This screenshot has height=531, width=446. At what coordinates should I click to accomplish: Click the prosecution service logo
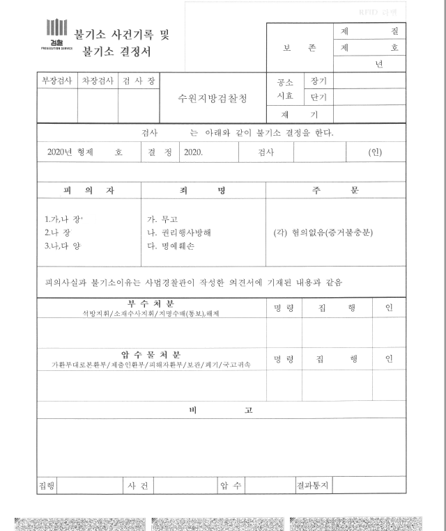click(x=56, y=34)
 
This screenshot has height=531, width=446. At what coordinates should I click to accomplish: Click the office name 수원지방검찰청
click(x=213, y=98)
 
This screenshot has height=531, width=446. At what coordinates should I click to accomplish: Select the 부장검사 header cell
click(x=56, y=81)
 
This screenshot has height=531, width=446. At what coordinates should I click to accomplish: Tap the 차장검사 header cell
click(x=98, y=81)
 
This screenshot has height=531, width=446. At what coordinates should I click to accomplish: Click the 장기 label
click(x=318, y=81)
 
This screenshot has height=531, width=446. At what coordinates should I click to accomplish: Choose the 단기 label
click(x=318, y=97)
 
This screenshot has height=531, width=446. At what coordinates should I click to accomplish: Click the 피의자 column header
click(x=89, y=190)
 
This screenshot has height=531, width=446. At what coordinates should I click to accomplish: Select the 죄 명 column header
click(x=203, y=190)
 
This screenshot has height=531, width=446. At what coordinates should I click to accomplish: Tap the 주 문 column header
click(x=335, y=190)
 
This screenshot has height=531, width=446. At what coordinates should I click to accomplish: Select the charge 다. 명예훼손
click(x=169, y=246)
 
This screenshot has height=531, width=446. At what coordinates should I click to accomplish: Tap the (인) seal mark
click(x=375, y=152)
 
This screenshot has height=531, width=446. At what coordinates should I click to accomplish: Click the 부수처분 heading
click(x=151, y=304)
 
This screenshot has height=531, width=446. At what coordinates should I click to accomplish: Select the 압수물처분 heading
click(x=151, y=354)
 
